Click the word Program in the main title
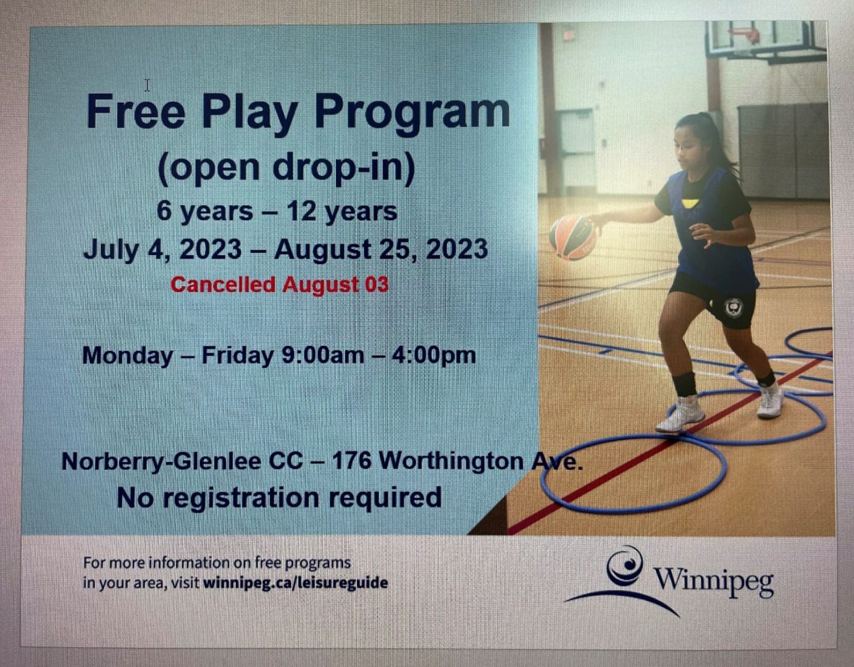[x=412, y=112]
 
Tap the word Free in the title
[x=136, y=111]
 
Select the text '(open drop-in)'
[x=286, y=167]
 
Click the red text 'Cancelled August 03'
[x=280, y=285]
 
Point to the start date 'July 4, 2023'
[x=162, y=250]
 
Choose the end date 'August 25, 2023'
[x=381, y=250]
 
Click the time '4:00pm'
[x=433, y=356]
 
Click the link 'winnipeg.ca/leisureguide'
[x=295, y=582]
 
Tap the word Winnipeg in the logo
[x=713, y=581]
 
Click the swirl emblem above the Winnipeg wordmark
[x=625, y=565]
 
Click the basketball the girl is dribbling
[x=572, y=237]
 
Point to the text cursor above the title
[x=147, y=85]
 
